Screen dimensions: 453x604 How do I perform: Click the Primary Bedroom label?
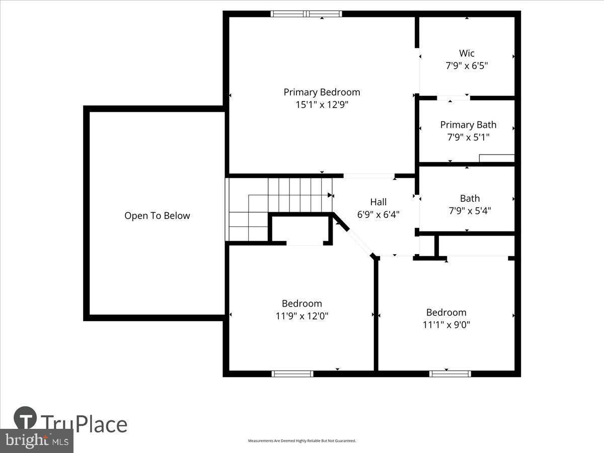click(322, 92)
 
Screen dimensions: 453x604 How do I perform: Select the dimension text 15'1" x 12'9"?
click(322, 105)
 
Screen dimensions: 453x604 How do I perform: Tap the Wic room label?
click(467, 53)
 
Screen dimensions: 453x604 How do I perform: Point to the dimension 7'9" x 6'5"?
click(467, 65)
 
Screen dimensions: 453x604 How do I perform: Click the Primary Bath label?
click(468, 124)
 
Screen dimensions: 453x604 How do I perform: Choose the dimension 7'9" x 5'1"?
click(468, 137)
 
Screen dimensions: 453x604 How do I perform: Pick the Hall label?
click(379, 202)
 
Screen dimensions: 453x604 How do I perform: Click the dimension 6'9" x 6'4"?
click(379, 214)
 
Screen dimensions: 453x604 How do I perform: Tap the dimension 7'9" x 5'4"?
click(470, 211)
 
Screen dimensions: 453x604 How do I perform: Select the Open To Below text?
click(157, 216)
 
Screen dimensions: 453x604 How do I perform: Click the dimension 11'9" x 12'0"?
click(301, 316)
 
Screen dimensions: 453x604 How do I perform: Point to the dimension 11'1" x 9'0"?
click(446, 325)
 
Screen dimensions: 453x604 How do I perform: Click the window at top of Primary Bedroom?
click(306, 14)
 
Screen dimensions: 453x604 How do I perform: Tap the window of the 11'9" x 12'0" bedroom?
click(292, 373)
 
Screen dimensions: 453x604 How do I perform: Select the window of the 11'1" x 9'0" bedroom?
click(450, 373)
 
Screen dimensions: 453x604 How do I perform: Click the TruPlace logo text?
click(84, 424)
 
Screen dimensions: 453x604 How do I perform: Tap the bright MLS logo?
click(36, 441)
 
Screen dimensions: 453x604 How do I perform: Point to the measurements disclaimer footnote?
click(302, 441)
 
